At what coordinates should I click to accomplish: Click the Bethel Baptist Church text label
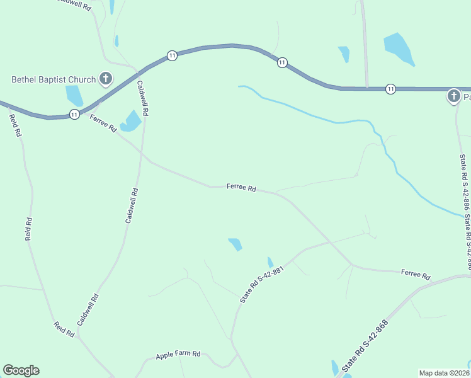tap(54, 79)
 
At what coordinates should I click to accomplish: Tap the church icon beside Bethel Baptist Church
tap(106, 79)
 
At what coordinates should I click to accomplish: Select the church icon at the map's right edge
tap(453, 96)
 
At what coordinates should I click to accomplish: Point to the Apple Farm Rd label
tap(178, 355)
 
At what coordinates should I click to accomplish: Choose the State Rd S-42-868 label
tap(365, 346)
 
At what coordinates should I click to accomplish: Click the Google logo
tap(21, 370)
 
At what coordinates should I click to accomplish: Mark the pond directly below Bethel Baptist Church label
tap(74, 95)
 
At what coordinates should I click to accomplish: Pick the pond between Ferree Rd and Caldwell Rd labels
tap(131, 121)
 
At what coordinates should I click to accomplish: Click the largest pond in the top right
tap(399, 49)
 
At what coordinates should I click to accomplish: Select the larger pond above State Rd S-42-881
tap(235, 244)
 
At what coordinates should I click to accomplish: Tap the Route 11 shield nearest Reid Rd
tap(74, 114)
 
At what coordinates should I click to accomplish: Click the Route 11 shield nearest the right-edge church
tap(390, 89)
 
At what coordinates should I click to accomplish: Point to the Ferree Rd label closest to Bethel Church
tap(103, 123)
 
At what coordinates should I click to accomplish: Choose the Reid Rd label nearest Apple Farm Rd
tap(64, 329)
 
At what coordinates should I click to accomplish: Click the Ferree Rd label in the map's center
tap(242, 188)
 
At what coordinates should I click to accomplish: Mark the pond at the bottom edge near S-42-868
tap(334, 368)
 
